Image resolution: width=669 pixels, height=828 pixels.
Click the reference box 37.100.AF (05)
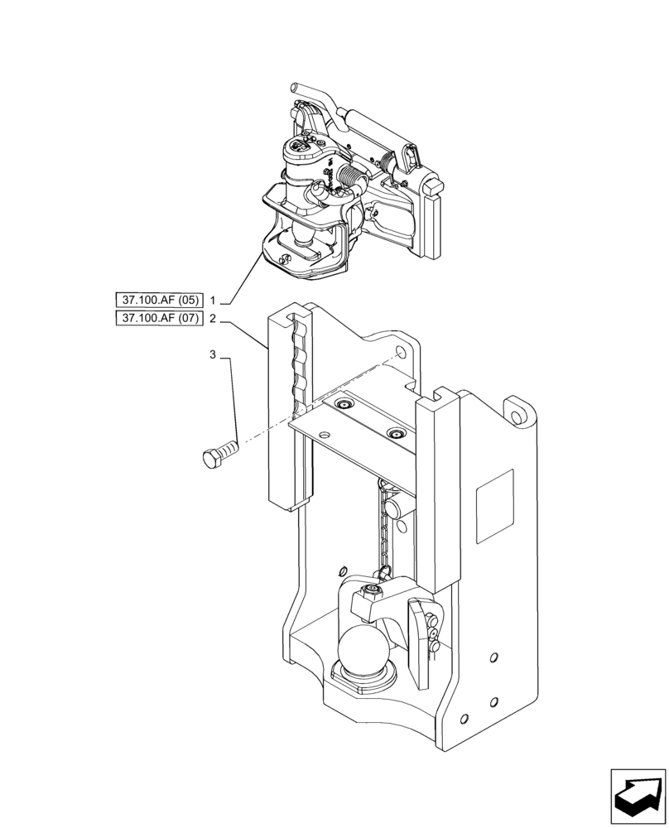159,300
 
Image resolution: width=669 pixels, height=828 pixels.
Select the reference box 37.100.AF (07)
159,319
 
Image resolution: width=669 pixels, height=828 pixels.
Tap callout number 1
214,300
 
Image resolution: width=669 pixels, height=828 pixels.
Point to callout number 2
214,319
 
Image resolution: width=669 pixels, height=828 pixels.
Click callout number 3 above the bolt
213,355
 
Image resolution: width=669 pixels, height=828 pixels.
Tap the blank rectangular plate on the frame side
495,506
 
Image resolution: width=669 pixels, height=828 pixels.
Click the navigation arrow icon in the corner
638,796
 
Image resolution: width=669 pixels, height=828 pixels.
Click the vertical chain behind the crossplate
383,530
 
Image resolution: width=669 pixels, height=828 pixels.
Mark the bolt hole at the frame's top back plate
402,354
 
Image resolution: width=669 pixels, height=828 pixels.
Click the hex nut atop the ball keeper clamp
370,590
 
